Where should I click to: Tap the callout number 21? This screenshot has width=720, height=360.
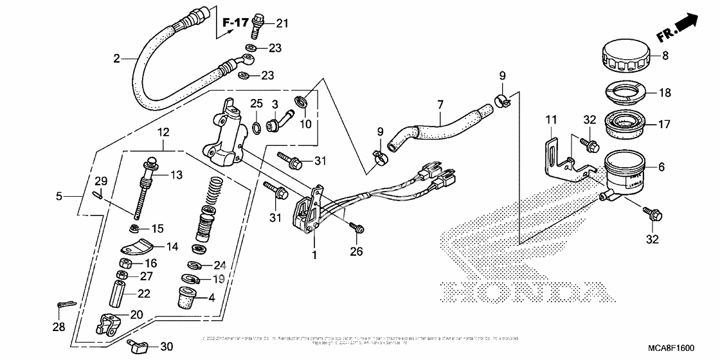(x=283, y=24)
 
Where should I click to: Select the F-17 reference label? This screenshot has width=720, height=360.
(x=235, y=24)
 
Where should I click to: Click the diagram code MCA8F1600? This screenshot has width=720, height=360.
(x=670, y=348)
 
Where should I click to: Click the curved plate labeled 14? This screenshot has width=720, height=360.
(x=136, y=246)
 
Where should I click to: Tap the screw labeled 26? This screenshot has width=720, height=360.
(x=357, y=228)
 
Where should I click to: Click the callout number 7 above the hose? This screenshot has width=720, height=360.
(x=440, y=103)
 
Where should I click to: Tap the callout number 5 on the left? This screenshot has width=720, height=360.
(x=59, y=195)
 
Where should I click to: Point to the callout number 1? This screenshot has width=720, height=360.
(x=315, y=255)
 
